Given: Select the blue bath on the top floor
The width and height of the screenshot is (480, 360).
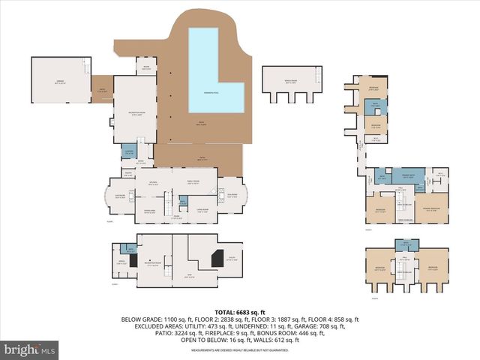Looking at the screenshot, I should coord(406,244).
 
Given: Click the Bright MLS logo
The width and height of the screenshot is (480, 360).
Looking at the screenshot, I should coord(30,349).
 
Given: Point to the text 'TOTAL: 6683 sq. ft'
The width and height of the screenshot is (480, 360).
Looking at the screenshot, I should coord(240,312).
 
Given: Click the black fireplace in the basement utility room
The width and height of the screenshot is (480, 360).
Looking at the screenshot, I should coord(217,257).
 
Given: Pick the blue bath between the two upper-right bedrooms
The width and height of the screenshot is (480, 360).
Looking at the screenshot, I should coord(373,109).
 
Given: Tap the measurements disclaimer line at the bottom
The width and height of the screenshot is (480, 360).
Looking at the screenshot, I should coord(240,349).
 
